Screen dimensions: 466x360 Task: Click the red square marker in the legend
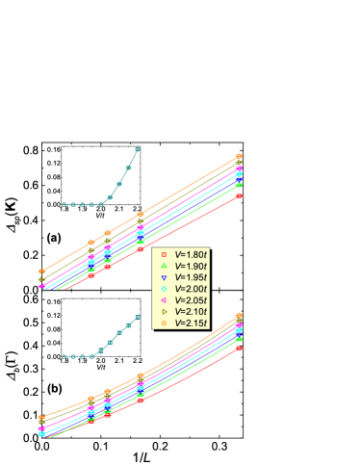[165, 253]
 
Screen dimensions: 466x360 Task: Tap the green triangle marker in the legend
[165, 266]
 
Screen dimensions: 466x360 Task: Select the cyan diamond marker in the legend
[165, 289]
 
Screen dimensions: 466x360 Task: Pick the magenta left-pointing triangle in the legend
[165, 300]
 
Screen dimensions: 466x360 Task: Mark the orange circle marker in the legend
[165, 324]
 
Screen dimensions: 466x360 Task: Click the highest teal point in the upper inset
[138, 149]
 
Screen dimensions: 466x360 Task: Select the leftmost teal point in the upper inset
[64, 204]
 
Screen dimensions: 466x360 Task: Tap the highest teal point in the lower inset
[138, 316]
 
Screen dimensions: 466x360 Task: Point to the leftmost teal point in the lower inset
[64, 356]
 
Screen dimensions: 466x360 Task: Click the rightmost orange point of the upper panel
[239, 156]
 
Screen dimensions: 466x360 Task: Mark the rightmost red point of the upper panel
[239, 195]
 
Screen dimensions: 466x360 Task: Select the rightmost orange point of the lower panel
[239, 315]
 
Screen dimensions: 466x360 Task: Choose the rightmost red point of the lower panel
[239, 347]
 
